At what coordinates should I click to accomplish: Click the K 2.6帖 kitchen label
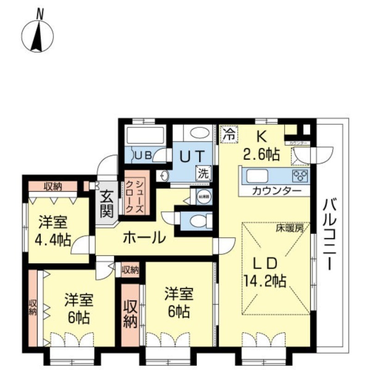tap(261, 145)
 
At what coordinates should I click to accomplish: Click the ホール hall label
tap(144, 238)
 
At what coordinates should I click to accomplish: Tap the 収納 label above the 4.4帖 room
tap(53, 186)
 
